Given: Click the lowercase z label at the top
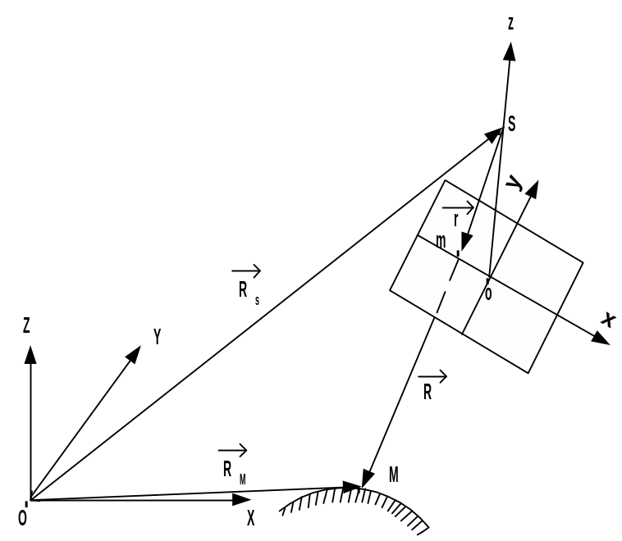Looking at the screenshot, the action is tap(510, 24).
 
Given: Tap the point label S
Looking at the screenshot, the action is tap(512, 124).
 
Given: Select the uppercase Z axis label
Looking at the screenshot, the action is tap(26, 325).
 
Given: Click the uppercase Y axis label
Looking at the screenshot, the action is tap(158, 337).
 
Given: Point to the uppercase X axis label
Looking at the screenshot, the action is tap(251, 518).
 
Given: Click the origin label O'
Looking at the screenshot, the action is tap(23, 516).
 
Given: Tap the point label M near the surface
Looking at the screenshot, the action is tap(394, 475).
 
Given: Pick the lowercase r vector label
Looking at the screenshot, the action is tap(458, 214).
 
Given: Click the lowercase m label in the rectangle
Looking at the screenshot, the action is tap(441, 241).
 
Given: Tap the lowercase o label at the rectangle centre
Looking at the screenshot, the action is tap(488, 293).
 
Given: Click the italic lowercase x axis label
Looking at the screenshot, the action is tap(609, 320).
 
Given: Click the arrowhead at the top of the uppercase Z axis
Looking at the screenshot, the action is tap(30, 354).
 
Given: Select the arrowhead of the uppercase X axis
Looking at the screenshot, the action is tap(241, 500).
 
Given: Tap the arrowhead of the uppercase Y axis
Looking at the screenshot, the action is tap(134, 354).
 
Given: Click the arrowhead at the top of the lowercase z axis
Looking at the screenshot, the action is tap(510, 51).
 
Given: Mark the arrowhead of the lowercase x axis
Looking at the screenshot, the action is tap(601, 339).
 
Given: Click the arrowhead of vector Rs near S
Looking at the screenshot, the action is tap(494, 134).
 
